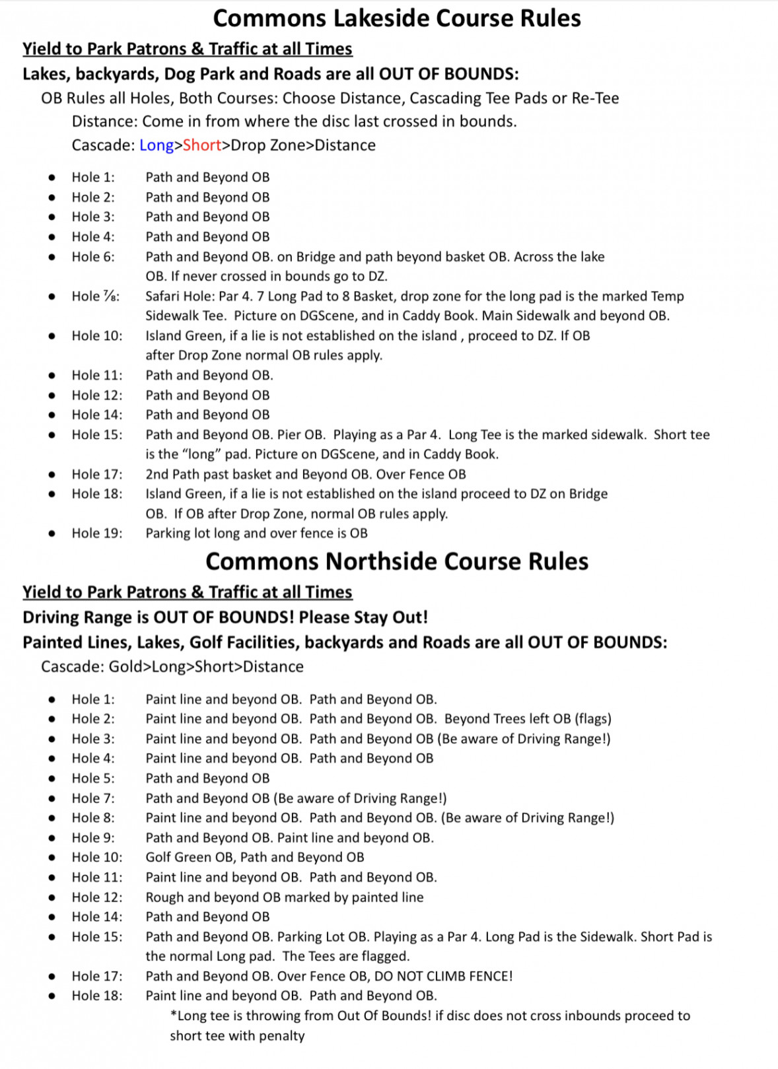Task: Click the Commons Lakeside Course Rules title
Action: pos(397,18)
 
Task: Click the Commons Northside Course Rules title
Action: pos(397,561)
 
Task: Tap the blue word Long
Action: pos(157,145)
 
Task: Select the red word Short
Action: pos(202,145)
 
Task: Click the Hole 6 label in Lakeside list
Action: pos(93,257)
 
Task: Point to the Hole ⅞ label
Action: pos(96,296)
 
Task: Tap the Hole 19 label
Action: pos(97,534)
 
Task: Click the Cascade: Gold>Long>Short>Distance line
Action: pos(172,667)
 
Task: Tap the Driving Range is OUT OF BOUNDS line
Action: pos(225,617)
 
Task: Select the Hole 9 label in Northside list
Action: pos(93,838)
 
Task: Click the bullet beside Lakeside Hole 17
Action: pos(52,474)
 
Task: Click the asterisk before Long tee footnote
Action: pos(174,1015)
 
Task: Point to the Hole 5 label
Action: pos(93,778)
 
